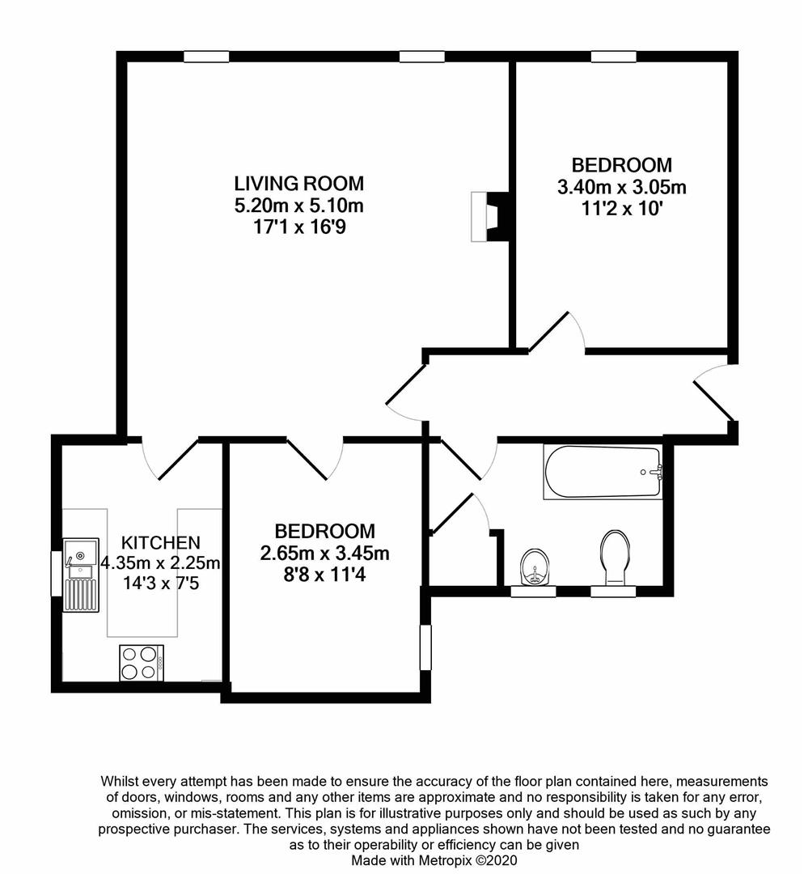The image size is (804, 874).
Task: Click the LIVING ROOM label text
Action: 298,183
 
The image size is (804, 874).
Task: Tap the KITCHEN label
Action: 160,541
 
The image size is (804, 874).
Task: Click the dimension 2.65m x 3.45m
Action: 324,554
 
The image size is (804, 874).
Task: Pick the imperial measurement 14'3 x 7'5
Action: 160,580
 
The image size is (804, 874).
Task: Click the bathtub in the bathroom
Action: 603,473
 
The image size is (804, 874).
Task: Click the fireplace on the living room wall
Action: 488,217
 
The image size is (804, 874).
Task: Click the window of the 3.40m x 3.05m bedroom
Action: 611,56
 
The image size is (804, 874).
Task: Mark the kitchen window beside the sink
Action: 57,573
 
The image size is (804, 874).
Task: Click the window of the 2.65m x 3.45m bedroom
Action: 425,647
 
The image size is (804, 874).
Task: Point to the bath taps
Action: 655,472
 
